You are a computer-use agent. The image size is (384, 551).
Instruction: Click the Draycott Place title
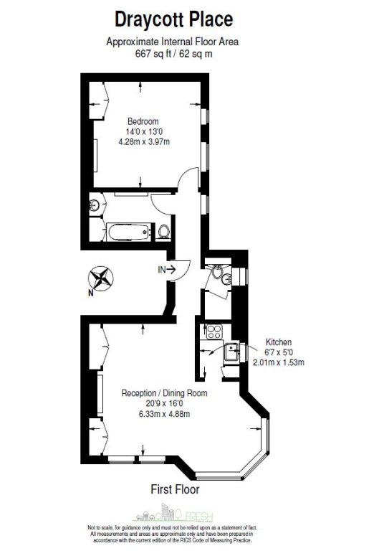click(174, 19)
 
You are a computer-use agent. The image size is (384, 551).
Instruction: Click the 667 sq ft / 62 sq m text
click(174, 54)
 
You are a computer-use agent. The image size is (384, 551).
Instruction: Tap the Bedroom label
click(143, 121)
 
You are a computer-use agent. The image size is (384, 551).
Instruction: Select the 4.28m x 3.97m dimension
click(144, 142)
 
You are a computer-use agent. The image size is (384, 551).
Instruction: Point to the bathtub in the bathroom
click(129, 232)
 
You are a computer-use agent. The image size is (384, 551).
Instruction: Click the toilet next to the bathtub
click(163, 232)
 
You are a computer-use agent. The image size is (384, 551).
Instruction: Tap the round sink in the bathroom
click(95, 204)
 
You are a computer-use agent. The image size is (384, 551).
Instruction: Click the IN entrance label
click(162, 270)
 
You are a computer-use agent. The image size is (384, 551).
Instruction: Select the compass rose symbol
click(101, 278)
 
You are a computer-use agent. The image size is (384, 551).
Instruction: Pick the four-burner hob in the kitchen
click(213, 331)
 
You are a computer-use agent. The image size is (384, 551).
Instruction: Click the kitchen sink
click(231, 352)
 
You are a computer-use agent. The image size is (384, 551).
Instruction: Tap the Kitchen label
click(279, 342)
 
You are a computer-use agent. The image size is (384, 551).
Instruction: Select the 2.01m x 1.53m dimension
click(279, 362)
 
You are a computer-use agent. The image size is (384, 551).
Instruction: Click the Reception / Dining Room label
click(164, 393)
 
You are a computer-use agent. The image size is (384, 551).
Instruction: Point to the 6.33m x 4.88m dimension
click(164, 414)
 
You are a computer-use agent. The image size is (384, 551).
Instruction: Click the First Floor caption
click(175, 489)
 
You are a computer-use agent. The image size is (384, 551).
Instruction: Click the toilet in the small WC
click(217, 270)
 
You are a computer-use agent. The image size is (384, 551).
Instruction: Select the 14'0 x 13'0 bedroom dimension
click(144, 132)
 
